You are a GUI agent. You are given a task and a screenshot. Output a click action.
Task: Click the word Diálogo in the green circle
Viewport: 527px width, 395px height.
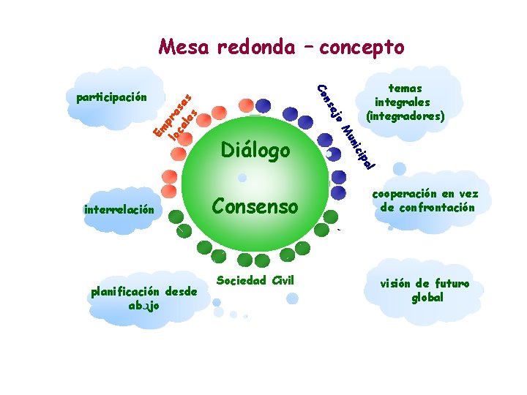click(255, 151)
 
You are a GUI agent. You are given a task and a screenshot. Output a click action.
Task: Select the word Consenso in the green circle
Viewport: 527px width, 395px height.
click(255, 206)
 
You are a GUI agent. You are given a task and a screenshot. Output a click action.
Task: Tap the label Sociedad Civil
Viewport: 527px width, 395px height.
click(255, 279)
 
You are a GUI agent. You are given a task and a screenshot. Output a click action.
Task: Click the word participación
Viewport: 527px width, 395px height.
click(112, 97)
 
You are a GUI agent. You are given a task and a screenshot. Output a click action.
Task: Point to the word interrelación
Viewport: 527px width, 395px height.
click(119, 209)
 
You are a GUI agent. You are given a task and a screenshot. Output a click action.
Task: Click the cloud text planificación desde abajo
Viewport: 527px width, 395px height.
click(144, 298)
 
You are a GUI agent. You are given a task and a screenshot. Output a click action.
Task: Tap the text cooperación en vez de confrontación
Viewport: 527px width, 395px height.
click(425, 200)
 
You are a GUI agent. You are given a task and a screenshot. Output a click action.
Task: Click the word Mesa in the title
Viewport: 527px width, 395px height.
click(183, 48)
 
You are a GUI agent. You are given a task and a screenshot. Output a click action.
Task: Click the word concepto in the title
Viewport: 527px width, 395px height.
click(361, 48)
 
